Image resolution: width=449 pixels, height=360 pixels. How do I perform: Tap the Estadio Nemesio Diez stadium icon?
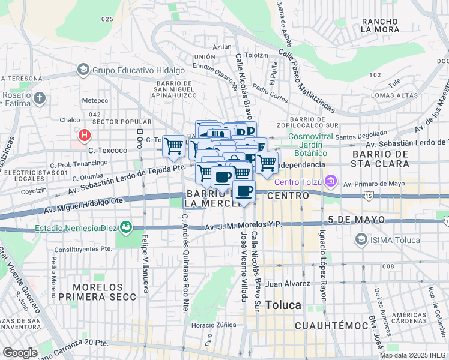[125, 227]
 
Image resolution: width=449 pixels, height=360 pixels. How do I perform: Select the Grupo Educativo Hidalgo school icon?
[83, 70]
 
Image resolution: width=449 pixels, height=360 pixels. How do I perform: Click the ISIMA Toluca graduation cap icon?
[360, 240]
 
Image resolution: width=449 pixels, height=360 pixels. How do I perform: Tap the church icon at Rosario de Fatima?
[40, 98]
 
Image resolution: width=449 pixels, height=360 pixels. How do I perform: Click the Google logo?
[20, 352]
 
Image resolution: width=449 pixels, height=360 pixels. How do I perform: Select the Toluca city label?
[283, 305]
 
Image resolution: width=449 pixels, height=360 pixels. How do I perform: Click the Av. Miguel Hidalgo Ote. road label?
[84, 207]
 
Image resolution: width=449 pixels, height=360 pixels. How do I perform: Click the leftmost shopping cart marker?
[173, 146]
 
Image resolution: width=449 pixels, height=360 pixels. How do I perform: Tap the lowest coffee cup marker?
[244, 192]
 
